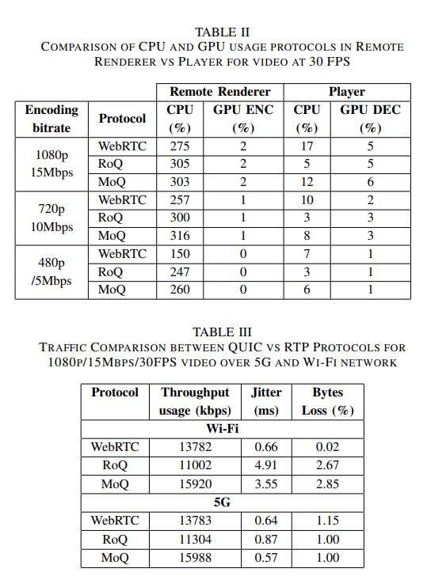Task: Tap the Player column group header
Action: tap(346, 92)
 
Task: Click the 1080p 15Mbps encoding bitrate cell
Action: tap(51, 164)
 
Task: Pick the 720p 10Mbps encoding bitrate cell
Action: tap(51, 218)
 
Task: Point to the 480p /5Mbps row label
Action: tap(51, 271)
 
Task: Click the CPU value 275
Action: tap(180, 146)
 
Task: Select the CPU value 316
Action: tap(180, 235)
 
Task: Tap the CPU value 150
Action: tap(180, 254)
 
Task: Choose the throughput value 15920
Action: tap(195, 484)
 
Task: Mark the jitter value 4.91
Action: tap(265, 466)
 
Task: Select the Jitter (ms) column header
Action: tap(265, 401)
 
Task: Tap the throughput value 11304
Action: tap(195, 540)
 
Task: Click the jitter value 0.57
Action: tap(265, 558)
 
